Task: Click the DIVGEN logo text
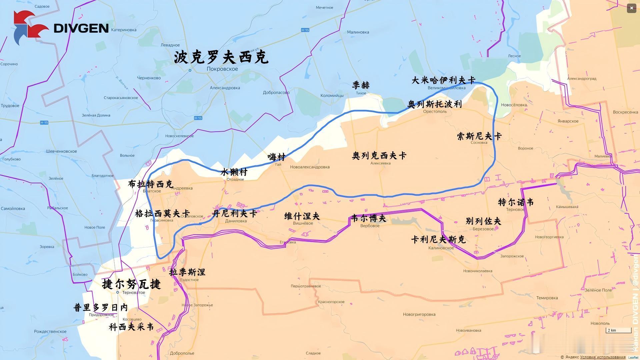[81, 28]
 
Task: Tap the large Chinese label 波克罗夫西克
[221, 57]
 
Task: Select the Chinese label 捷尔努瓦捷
[131, 284]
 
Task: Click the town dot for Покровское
[190, 70]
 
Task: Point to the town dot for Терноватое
[118, 292]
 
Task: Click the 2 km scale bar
[618, 331]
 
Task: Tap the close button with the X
[631, 8]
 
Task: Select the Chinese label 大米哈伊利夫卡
[443, 80]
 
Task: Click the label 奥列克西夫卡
[379, 156]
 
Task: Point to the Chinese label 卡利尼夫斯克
[438, 240]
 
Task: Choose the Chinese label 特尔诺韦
[516, 202]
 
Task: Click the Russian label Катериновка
[124, 30]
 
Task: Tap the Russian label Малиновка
[358, 32]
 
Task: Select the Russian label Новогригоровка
[419, 314]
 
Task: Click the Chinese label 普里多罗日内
[101, 307]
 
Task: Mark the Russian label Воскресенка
[625, 112]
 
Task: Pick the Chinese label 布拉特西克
[151, 184]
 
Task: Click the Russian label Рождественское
[50, 332]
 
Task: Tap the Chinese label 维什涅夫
[302, 216]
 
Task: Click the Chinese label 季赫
[361, 85]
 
